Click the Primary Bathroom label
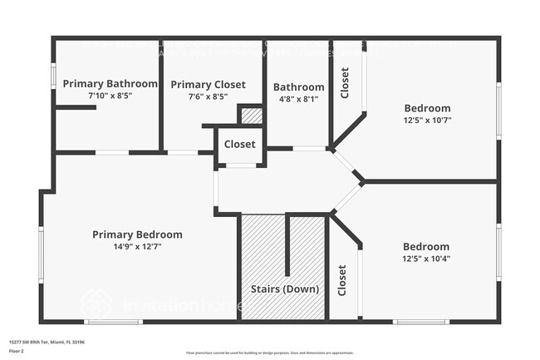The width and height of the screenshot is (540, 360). (x=110, y=83)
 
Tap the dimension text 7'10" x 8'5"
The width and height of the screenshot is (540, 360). (x=110, y=96)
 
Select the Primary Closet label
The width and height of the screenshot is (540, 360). (x=208, y=85)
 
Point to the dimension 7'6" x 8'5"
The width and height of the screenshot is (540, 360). (x=208, y=96)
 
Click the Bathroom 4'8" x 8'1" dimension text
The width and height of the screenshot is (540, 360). (x=298, y=98)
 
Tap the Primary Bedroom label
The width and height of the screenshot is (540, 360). (x=137, y=234)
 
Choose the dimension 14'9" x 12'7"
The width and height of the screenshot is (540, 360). (x=137, y=246)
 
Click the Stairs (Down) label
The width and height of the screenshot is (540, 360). (x=282, y=289)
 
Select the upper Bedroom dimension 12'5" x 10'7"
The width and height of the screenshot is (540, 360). (x=427, y=120)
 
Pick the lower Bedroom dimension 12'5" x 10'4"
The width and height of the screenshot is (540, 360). (x=426, y=259)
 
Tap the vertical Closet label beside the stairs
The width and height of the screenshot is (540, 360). (x=341, y=280)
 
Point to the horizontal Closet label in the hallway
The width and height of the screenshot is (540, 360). (x=239, y=144)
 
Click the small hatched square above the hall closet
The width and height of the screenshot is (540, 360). (x=252, y=116)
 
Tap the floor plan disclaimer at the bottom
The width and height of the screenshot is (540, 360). (x=270, y=353)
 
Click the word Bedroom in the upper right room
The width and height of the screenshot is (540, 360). (x=427, y=108)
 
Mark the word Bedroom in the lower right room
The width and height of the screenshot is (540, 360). (x=426, y=247)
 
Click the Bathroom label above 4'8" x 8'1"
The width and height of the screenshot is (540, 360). (x=298, y=86)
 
